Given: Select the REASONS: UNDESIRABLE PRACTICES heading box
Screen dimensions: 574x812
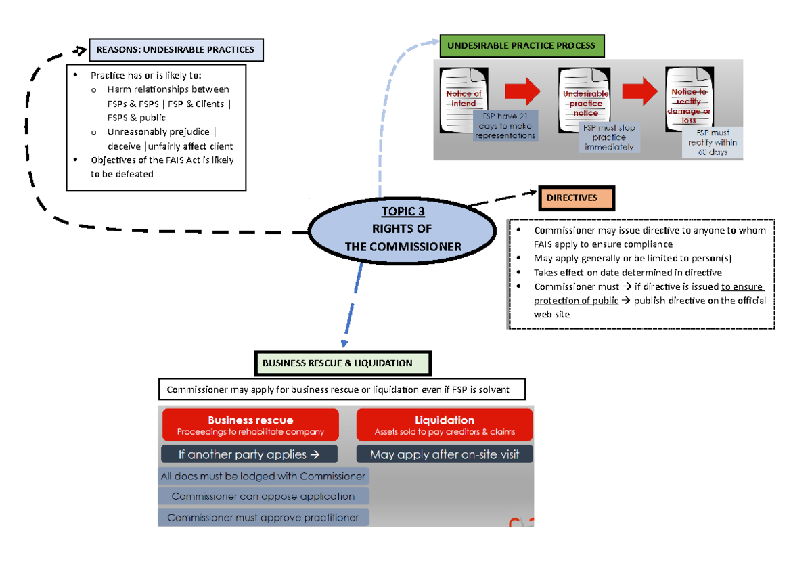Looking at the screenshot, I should tap(176, 49).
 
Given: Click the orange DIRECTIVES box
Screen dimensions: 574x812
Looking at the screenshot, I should tap(577, 198).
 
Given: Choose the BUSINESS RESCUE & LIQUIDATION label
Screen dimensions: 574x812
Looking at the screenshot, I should tap(342, 363).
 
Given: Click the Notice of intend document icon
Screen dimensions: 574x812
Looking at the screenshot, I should tap(463, 99).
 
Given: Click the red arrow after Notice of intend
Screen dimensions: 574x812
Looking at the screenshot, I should tap(522, 91).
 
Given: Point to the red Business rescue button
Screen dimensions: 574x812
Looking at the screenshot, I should tap(250, 425).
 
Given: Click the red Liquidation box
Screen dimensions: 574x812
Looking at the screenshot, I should tap(445, 425).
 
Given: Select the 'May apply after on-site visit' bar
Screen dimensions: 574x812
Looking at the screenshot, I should tap(445, 454).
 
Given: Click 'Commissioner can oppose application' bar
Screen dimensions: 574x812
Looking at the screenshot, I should tap(263, 496).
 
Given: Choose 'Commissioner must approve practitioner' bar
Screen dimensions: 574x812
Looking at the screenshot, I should tap(263, 518).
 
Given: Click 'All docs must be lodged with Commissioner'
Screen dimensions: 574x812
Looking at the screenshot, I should tap(263, 477).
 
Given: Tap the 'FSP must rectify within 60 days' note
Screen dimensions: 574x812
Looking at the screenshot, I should tap(713, 142).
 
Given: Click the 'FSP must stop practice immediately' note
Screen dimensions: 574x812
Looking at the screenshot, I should tap(609, 137).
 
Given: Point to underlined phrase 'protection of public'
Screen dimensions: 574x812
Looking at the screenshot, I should tap(576, 301).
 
